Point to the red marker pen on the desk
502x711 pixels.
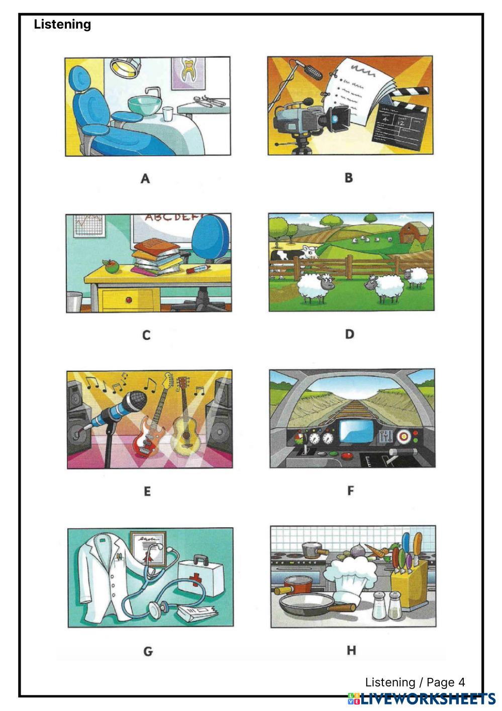tap(197, 269)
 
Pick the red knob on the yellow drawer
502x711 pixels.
tap(129, 299)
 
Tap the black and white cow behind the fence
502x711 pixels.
tap(293, 256)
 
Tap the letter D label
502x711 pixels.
tap(349, 334)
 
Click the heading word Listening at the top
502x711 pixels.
tap(62, 25)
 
